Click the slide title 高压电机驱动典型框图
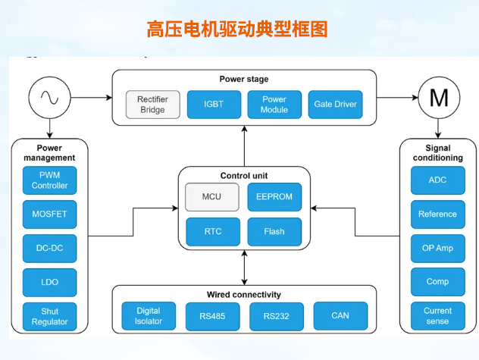click(x=237, y=29)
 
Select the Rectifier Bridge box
click(x=152, y=105)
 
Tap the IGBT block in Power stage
click(x=214, y=105)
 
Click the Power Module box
click(x=274, y=105)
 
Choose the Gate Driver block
click(x=334, y=105)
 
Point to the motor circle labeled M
click(x=438, y=97)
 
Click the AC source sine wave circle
click(x=49, y=97)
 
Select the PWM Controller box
click(x=49, y=180)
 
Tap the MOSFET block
click(x=49, y=214)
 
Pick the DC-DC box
click(x=49, y=248)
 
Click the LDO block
click(x=49, y=282)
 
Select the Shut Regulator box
click(x=49, y=316)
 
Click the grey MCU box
click(x=212, y=197)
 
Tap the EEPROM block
click(x=274, y=197)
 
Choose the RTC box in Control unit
click(x=212, y=232)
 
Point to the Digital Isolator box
click(x=149, y=316)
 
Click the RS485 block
click(x=213, y=316)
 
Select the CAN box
click(x=340, y=316)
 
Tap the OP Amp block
click(x=437, y=248)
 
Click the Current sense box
click(x=437, y=316)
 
